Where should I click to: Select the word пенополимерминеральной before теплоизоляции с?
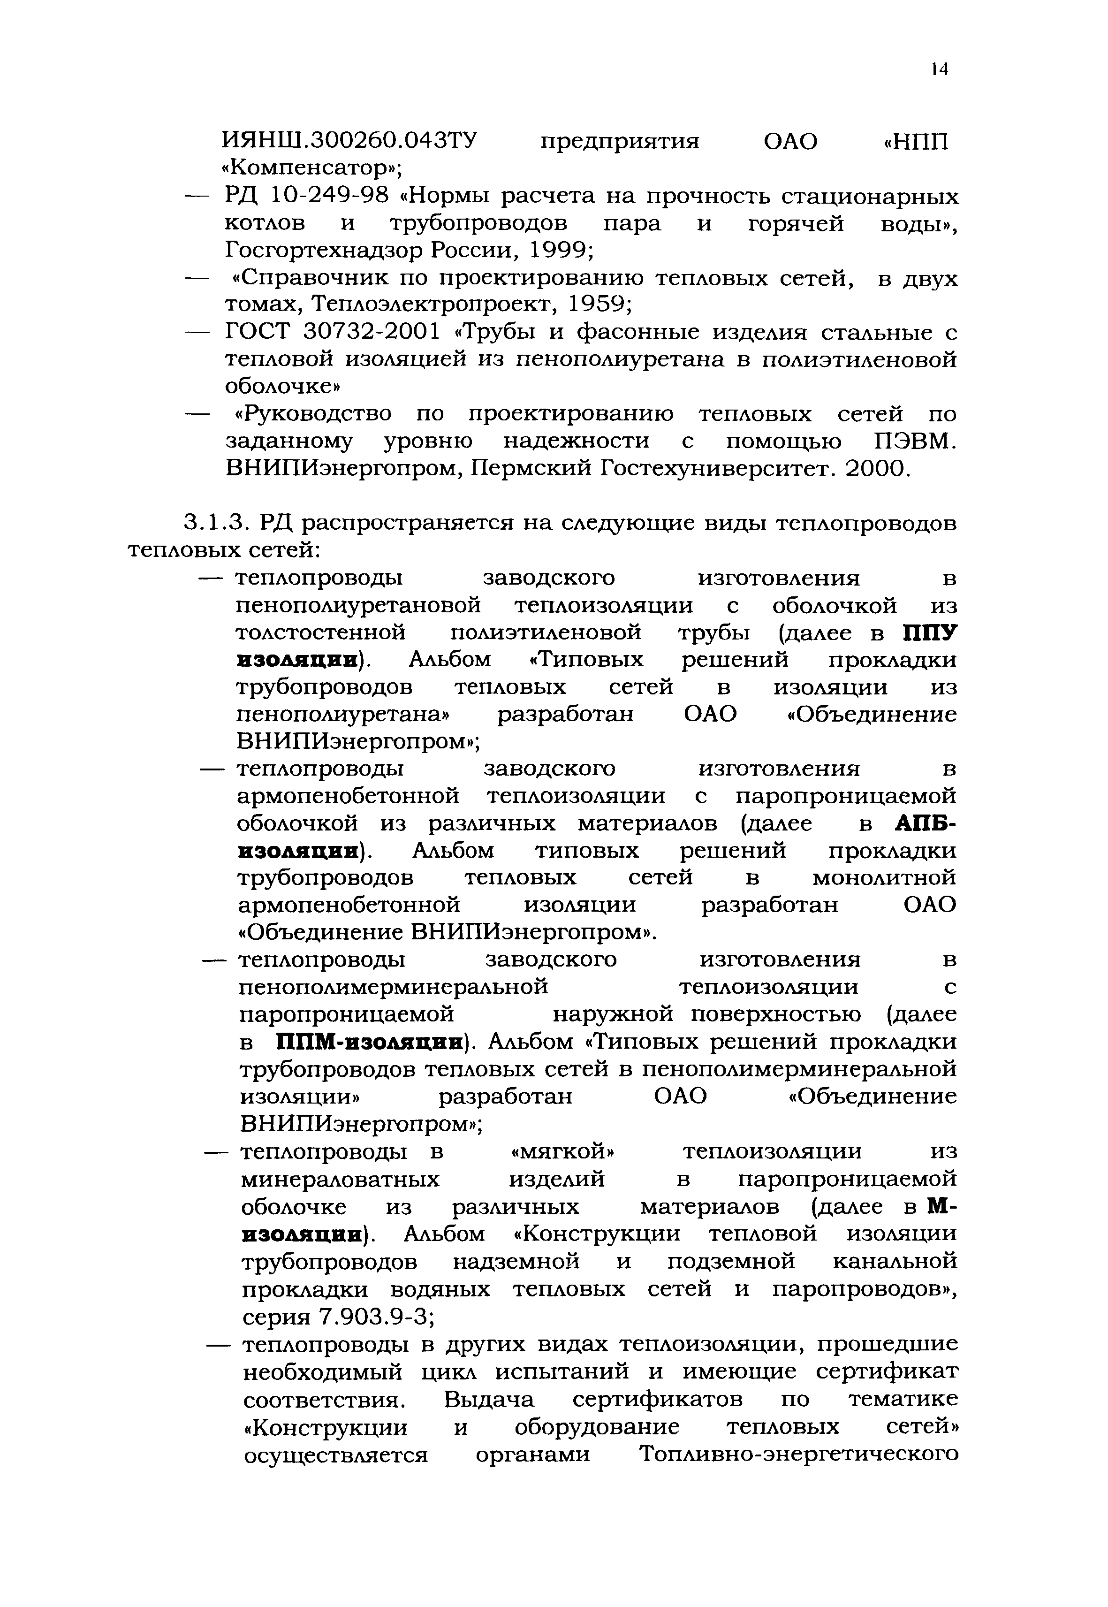click(394, 987)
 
